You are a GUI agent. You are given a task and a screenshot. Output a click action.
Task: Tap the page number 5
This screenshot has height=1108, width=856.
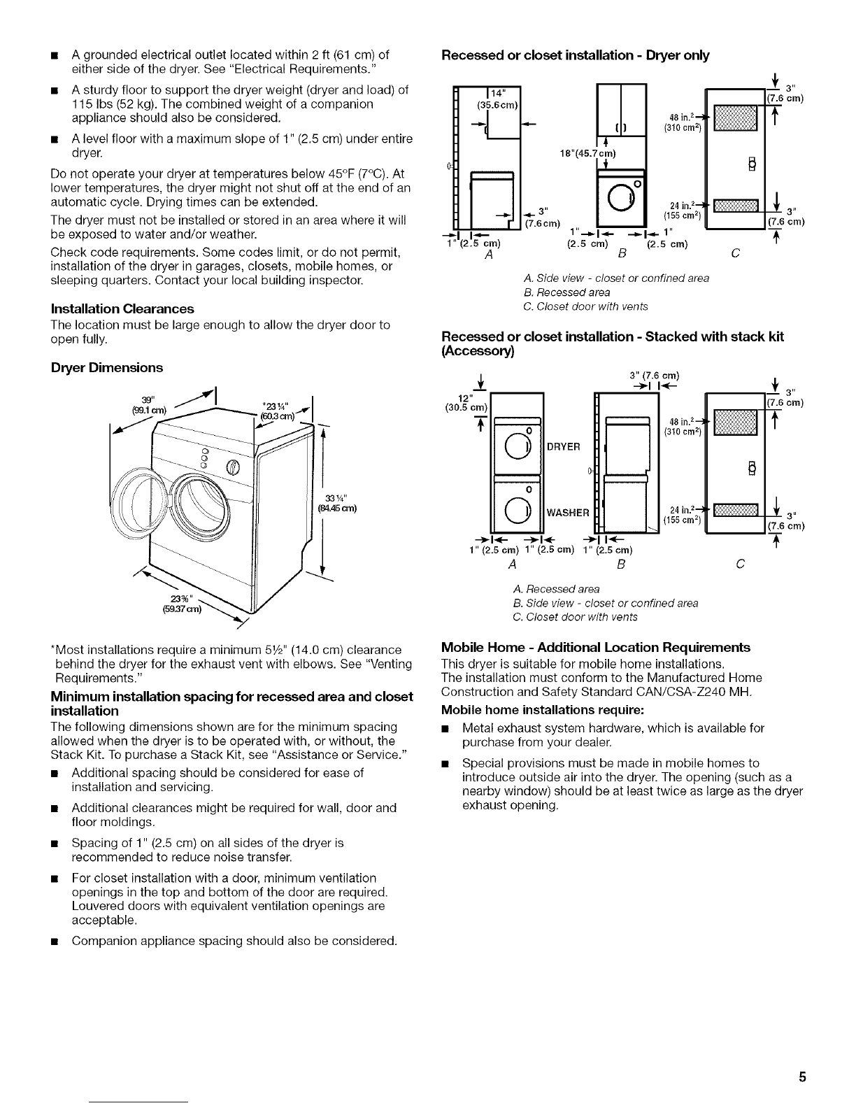click(804, 1077)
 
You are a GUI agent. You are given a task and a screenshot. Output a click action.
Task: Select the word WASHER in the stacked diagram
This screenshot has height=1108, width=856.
click(567, 513)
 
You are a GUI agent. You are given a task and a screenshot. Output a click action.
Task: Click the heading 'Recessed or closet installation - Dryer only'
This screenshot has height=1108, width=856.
click(576, 56)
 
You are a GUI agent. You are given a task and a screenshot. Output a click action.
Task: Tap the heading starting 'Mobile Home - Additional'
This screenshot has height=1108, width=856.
click(596, 647)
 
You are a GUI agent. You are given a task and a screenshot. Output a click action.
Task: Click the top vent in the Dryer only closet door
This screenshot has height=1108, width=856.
click(734, 115)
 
